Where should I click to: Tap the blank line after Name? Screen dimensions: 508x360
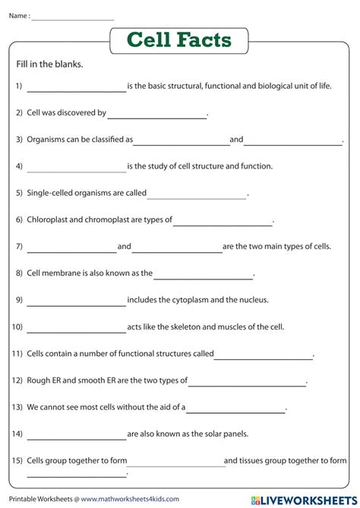click(x=73, y=15)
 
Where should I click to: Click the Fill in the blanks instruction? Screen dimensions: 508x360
click(x=49, y=65)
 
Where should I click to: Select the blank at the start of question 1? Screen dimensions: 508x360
click(x=76, y=88)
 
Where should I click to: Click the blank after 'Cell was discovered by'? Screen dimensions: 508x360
click(x=156, y=115)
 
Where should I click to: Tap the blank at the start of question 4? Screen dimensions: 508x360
click(x=76, y=168)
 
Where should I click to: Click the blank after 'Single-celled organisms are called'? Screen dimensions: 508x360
click(x=197, y=195)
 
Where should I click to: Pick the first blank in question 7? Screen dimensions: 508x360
click(x=71, y=248)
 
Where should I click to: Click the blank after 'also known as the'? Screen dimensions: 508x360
click(x=203, y=275)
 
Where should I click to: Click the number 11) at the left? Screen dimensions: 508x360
click(x=17, y=354)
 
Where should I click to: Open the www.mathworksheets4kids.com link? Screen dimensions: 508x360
click(x=125, y=499)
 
